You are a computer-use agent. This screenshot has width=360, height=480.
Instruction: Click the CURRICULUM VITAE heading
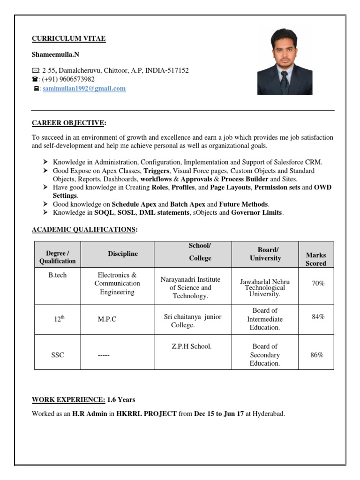(68, 38)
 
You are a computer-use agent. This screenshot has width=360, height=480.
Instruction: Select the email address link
(84, 88)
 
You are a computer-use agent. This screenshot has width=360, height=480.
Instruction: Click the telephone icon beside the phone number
(35, 80)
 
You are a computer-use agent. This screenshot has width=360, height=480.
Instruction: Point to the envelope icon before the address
(35, 71)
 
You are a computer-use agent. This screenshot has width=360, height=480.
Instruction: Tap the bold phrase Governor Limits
(256, 212)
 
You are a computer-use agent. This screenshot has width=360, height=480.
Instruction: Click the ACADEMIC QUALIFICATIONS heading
(84, 229)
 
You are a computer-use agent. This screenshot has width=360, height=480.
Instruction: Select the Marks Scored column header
(315, 259)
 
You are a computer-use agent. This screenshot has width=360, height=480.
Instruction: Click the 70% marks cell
(318, 283)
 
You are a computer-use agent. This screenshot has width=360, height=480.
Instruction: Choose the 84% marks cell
(318, 317)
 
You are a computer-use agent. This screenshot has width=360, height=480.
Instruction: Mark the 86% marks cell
(317, 355)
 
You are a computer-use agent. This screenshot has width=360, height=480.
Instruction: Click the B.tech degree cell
(57, 275)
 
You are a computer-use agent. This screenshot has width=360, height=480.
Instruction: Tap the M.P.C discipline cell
(107, 319)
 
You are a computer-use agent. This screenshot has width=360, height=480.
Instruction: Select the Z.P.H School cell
(191, 346)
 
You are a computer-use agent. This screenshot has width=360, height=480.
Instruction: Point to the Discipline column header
(123, 254)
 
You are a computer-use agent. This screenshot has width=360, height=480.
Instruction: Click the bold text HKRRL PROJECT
(147, 414)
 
